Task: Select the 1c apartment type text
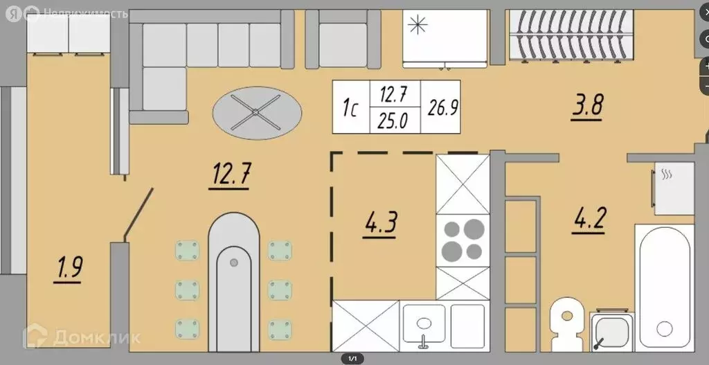(x=350, y=108)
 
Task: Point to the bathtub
(x=665, y=287)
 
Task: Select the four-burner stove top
(x=463, y=239)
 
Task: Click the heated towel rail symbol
(x=667, y=175)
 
